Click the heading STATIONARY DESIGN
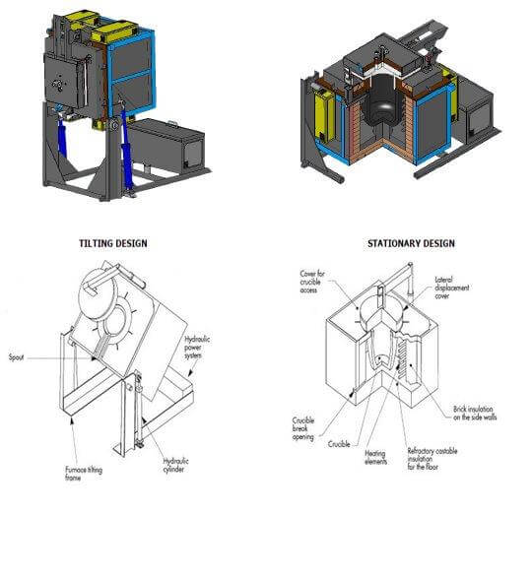click(x=411, y=243)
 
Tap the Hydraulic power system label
click(x=203, y=347)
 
